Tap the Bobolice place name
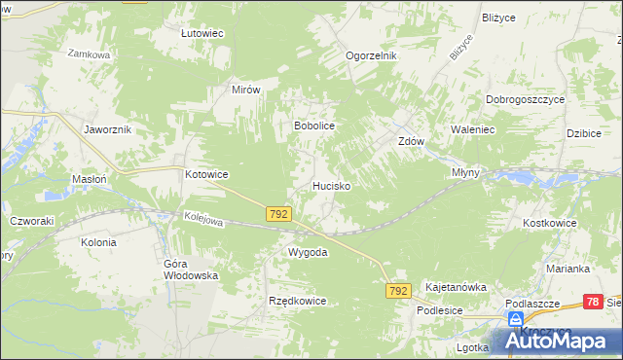coord(314,126)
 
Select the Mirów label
coord(246,89)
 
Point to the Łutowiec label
coord(202,33)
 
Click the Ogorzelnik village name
coord(372,56)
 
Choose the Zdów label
coord(411,141)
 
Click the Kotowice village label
coord(206,175)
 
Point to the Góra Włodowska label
coord(190,270)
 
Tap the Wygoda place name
coord(307,252)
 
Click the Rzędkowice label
coord(297,302)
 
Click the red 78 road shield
coord(593,303)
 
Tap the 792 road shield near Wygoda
coord(278,212)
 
